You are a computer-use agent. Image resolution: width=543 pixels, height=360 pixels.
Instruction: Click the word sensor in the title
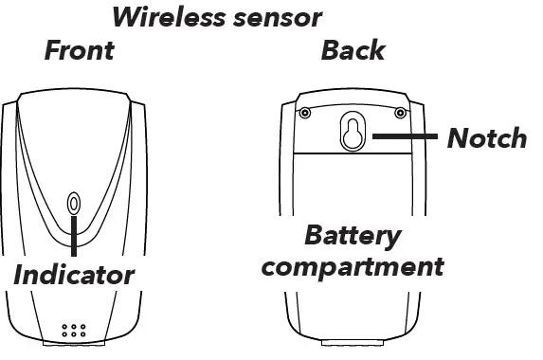(x=274, y=16)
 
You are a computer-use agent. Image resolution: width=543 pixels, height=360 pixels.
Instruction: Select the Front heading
(x=79, y=50)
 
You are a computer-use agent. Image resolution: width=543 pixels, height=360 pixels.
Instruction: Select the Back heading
(x=353, y=50)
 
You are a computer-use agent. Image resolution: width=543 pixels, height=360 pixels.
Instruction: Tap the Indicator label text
(x=74, y=276)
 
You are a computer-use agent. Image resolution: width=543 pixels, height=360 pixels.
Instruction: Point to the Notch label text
(x=486, y=138)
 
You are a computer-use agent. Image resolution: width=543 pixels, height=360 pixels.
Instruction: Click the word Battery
(x=352, y=235)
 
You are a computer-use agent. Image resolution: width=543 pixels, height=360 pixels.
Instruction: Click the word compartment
(x=352, y=265)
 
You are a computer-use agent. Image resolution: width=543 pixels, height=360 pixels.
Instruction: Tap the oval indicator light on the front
(x=74, y=204)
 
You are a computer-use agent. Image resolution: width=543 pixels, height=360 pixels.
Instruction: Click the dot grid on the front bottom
(x=74, y=333)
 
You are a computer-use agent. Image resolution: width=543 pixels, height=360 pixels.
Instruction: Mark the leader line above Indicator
(x=74, y=237)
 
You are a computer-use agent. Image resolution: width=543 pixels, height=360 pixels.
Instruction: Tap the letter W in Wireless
(x=127, y=16)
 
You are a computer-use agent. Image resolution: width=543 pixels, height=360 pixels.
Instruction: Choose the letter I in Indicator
(x=19, y=276)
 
